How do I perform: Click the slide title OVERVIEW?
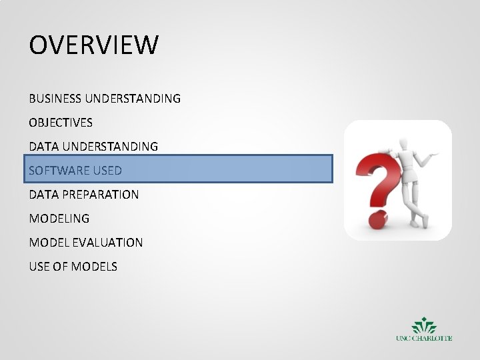[94, 45]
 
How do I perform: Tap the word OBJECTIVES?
[61, 123]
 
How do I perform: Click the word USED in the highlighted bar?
[107, 171]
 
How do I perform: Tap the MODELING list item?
[59, 219]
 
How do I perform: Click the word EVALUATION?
[110, 243]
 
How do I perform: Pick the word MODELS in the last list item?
[95, 267]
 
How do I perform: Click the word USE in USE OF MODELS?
[39, 267]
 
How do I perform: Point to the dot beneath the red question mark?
[376, 217]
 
